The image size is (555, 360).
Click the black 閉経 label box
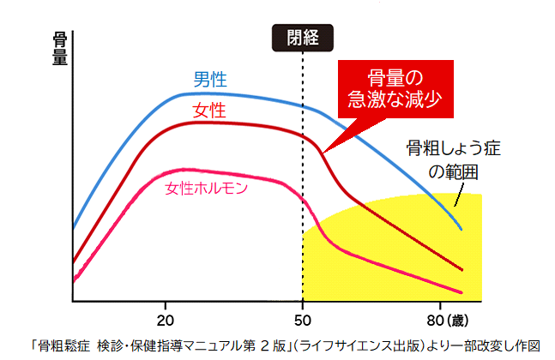303,37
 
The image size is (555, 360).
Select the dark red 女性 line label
209,111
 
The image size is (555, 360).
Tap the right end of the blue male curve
461,229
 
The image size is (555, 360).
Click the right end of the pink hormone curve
461,291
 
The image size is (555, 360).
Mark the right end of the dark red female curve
461,270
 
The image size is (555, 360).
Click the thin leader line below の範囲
458,198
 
